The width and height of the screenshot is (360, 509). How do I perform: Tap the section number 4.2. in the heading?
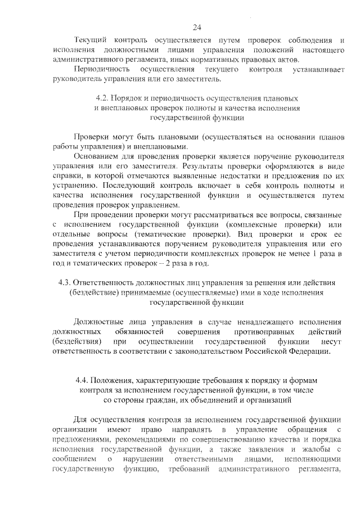105,98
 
